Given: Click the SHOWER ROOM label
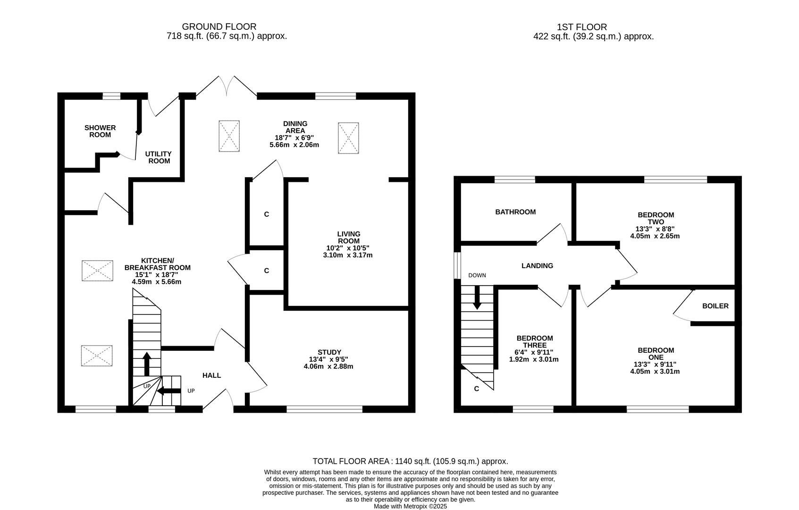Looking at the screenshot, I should coord(100,131).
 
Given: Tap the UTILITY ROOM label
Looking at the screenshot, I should coord(158,157).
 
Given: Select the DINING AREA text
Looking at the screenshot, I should coord(295,127).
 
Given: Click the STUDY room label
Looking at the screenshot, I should coord(329,352).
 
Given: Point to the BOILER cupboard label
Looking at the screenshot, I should coord(715,306).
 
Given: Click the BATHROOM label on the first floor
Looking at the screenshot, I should coord(515,212).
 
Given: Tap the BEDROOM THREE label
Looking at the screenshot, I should coord(534,341).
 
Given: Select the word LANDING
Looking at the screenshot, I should coord(537,266).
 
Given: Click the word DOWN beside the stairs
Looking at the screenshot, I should coord(477,275).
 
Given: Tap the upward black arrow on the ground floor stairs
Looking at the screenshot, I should coord(147,364).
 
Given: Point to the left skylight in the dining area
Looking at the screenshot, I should coord(229,136).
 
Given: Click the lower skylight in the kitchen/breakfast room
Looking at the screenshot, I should coord(97,356).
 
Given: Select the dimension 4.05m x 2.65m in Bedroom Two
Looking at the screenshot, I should coord(655,236).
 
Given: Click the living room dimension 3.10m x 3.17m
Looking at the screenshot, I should coord(349,255).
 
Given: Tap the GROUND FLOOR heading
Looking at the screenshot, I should coord(219,27).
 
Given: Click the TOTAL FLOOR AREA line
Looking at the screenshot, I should coord(410,461).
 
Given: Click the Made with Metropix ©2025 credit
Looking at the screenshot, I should coord(410,506).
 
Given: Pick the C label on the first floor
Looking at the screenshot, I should coord(476,389).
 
